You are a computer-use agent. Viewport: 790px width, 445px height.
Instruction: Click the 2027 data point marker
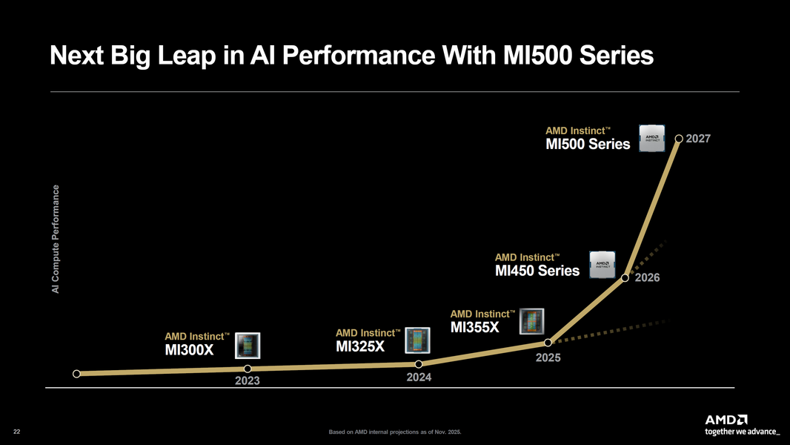tap(679, 138)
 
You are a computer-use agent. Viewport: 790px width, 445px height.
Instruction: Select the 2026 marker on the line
tap(625, 278)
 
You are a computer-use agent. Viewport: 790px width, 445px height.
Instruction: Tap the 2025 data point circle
tap(548, 342)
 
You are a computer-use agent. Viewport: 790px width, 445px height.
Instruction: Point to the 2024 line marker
tap(419, 363)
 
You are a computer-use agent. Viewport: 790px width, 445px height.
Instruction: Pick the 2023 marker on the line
tap(248, 369)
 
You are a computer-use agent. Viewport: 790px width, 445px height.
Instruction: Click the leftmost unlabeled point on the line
tap(76, 374)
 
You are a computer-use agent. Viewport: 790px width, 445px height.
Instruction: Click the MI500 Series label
tap(588, 145)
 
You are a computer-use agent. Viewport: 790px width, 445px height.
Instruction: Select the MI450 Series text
tap(537, 271)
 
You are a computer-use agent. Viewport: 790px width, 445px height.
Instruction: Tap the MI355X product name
tap(475, 327)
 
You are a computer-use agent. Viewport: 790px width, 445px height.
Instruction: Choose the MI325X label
tap(360, 346)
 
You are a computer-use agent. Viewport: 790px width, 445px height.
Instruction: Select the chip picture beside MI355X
tap(532, 321)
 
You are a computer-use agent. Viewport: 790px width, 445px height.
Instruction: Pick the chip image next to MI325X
tap(418, 340)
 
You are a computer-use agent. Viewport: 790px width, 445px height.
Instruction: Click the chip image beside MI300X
tap(247, 345)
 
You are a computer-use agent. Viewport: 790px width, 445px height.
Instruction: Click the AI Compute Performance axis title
tap(56, 237)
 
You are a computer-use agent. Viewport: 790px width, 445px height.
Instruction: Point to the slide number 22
tap(17, 432)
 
